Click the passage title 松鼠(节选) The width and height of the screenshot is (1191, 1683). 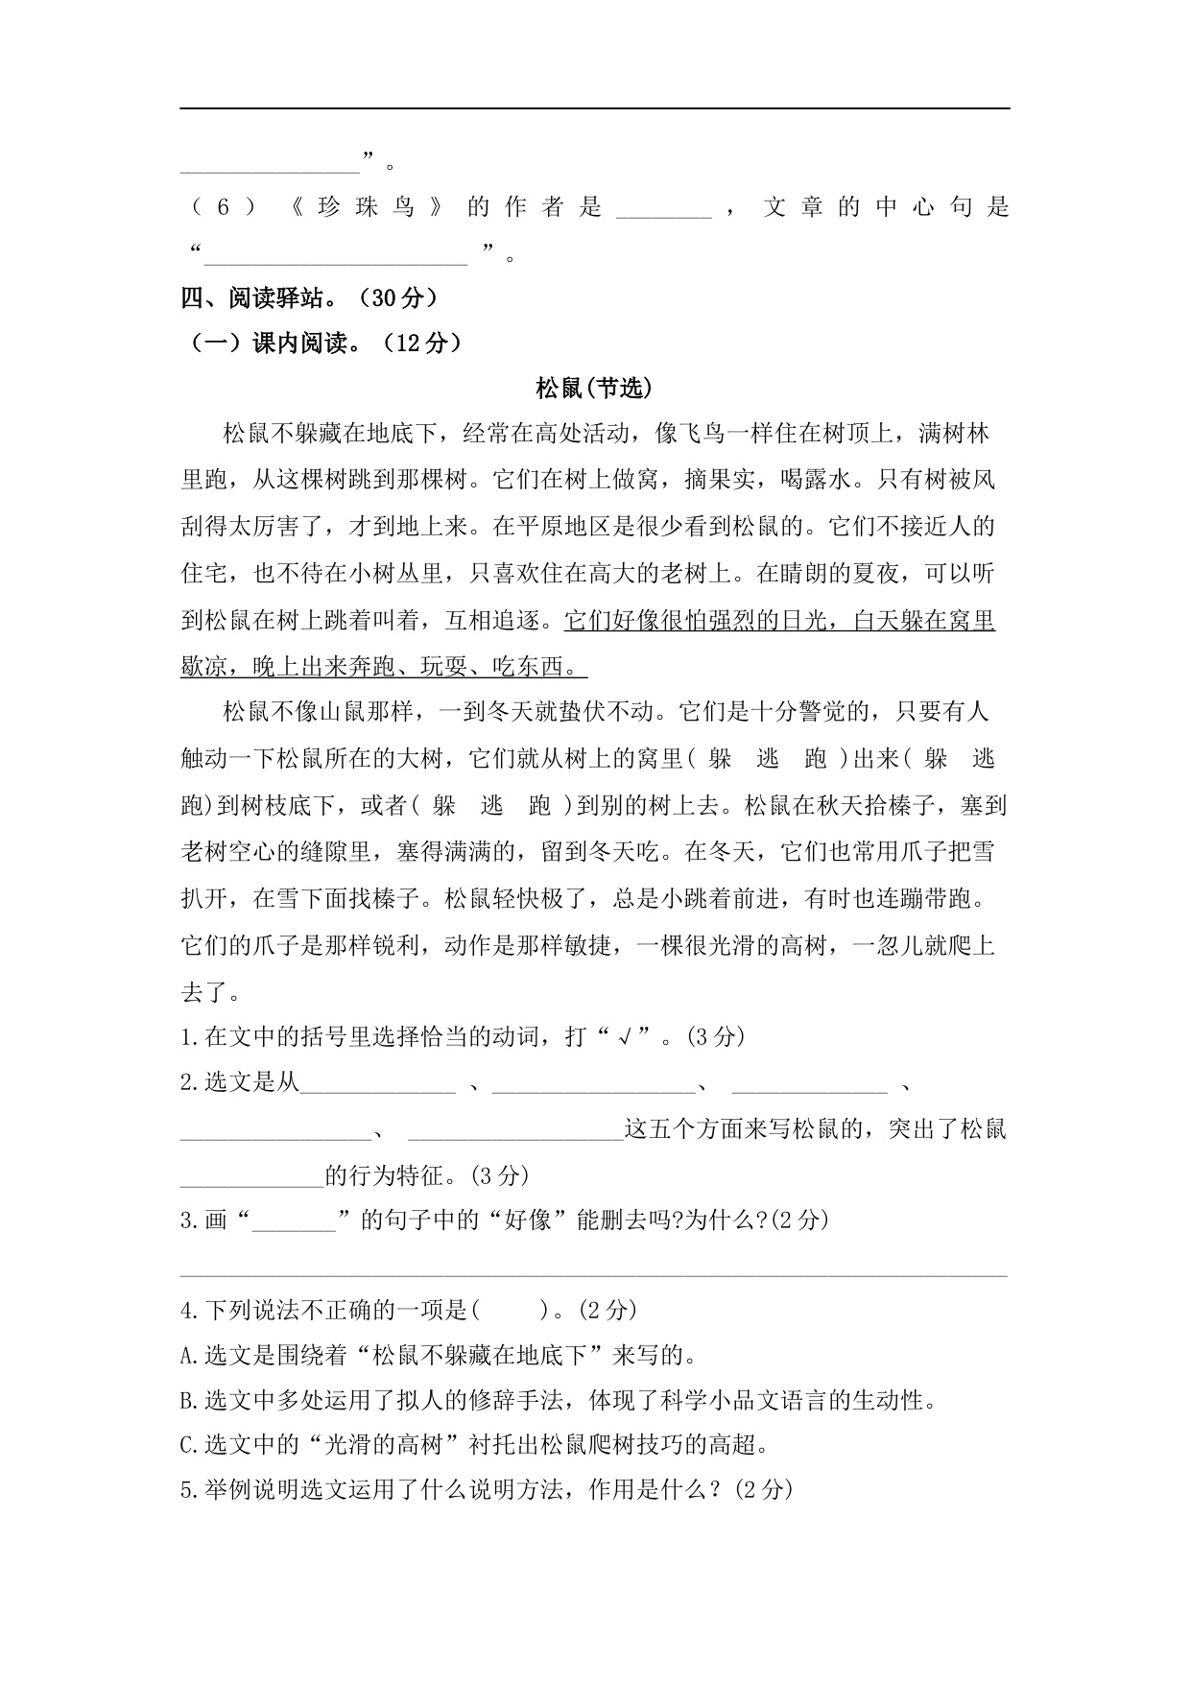[x=594, y=388]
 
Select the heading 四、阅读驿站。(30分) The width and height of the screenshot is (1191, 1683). [x=309, y=298]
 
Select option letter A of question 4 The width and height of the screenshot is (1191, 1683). [x=186, y=1356]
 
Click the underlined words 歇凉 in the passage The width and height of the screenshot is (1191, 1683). [x=203, y=666]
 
